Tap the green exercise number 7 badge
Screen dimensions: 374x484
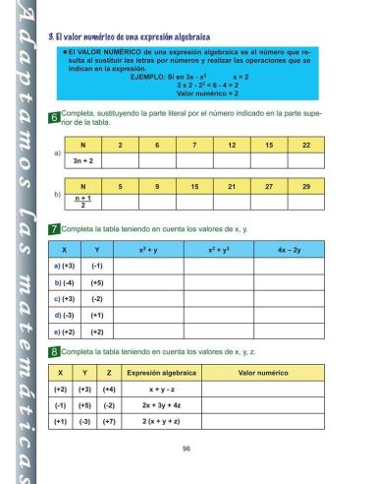53,229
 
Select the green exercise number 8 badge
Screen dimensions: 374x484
53,352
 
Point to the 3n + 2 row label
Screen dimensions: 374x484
83,158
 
